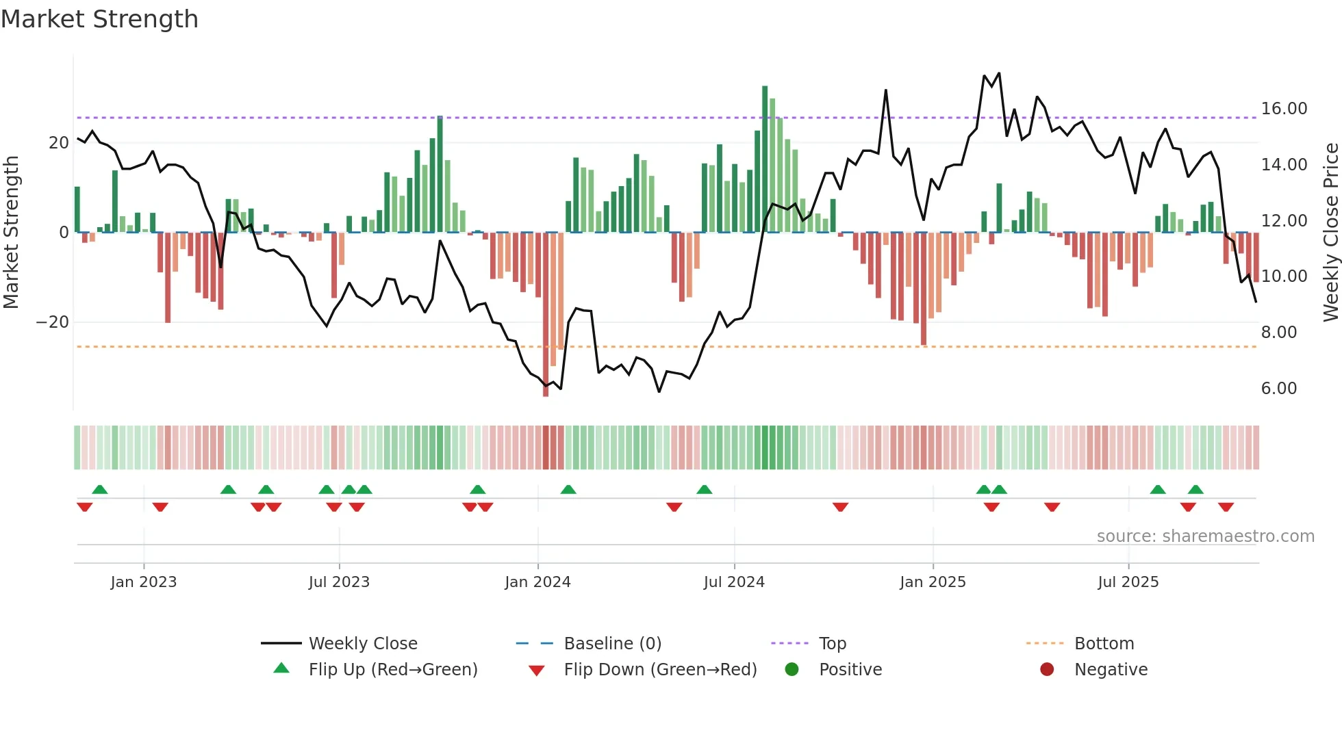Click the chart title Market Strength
[99, 19]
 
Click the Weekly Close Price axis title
[1330, 233]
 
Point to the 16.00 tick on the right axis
[1284, 109]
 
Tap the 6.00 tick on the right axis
[1279, 389]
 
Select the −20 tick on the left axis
[53, 322]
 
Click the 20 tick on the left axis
[59, 143]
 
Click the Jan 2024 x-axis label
[537, 582]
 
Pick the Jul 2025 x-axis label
[1128, 582]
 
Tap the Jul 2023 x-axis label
[339, 582]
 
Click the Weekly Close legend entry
[363, 644]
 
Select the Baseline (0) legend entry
[612, 644]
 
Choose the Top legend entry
[833, 644]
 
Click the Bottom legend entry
[1104, 644]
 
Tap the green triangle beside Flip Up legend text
[281, 668]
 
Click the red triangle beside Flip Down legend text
[537, 671]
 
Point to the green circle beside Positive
[792, 670]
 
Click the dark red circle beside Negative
[1047, 670]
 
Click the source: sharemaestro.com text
[1205, 536]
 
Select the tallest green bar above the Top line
[765, 157]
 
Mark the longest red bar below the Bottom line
[546, 315]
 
